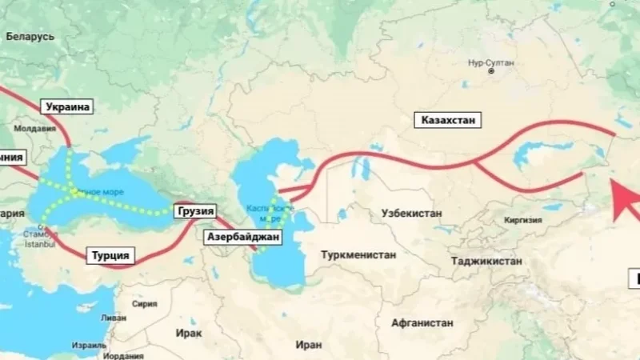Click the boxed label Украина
(x=69, y=106)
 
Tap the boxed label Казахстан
(x=448, y=121)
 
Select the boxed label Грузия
(x=195, y=211)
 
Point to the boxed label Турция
(x=110, y=256)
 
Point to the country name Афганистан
(x=423, y=323)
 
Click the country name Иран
(x=307, y=344)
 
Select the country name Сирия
(x=144, y=304)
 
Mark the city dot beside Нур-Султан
(x=493, y=70)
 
